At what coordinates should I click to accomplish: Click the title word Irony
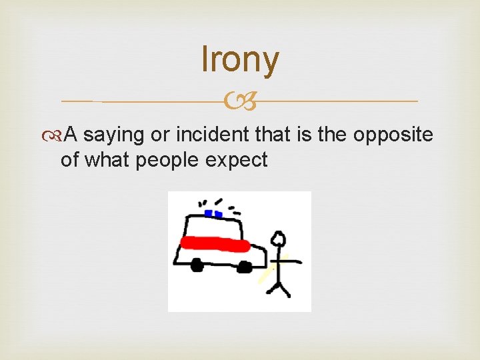coord(240,59)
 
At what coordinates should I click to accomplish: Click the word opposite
coord(393,136)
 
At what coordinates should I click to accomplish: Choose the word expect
coord(240,161)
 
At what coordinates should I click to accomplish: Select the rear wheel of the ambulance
coord(197,265)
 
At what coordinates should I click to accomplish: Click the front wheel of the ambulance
coord(245,267)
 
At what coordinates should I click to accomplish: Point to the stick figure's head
coord(279,238)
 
